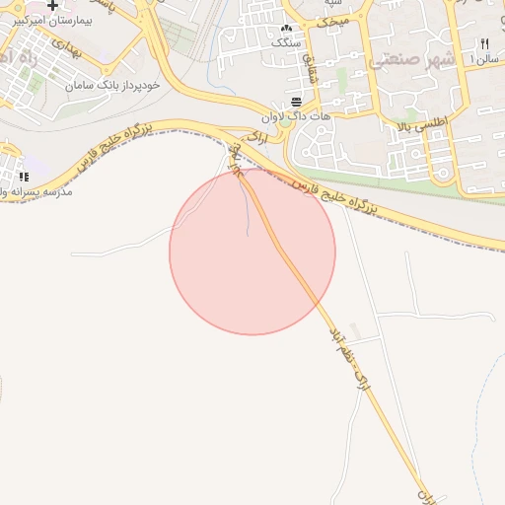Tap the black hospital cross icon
point(52,5)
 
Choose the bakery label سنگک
point(286,43)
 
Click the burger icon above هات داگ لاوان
point(297,103)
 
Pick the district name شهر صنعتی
point(412,61)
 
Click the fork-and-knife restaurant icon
point(483,44)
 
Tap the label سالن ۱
point(487,59)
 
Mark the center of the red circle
point(252,252)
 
